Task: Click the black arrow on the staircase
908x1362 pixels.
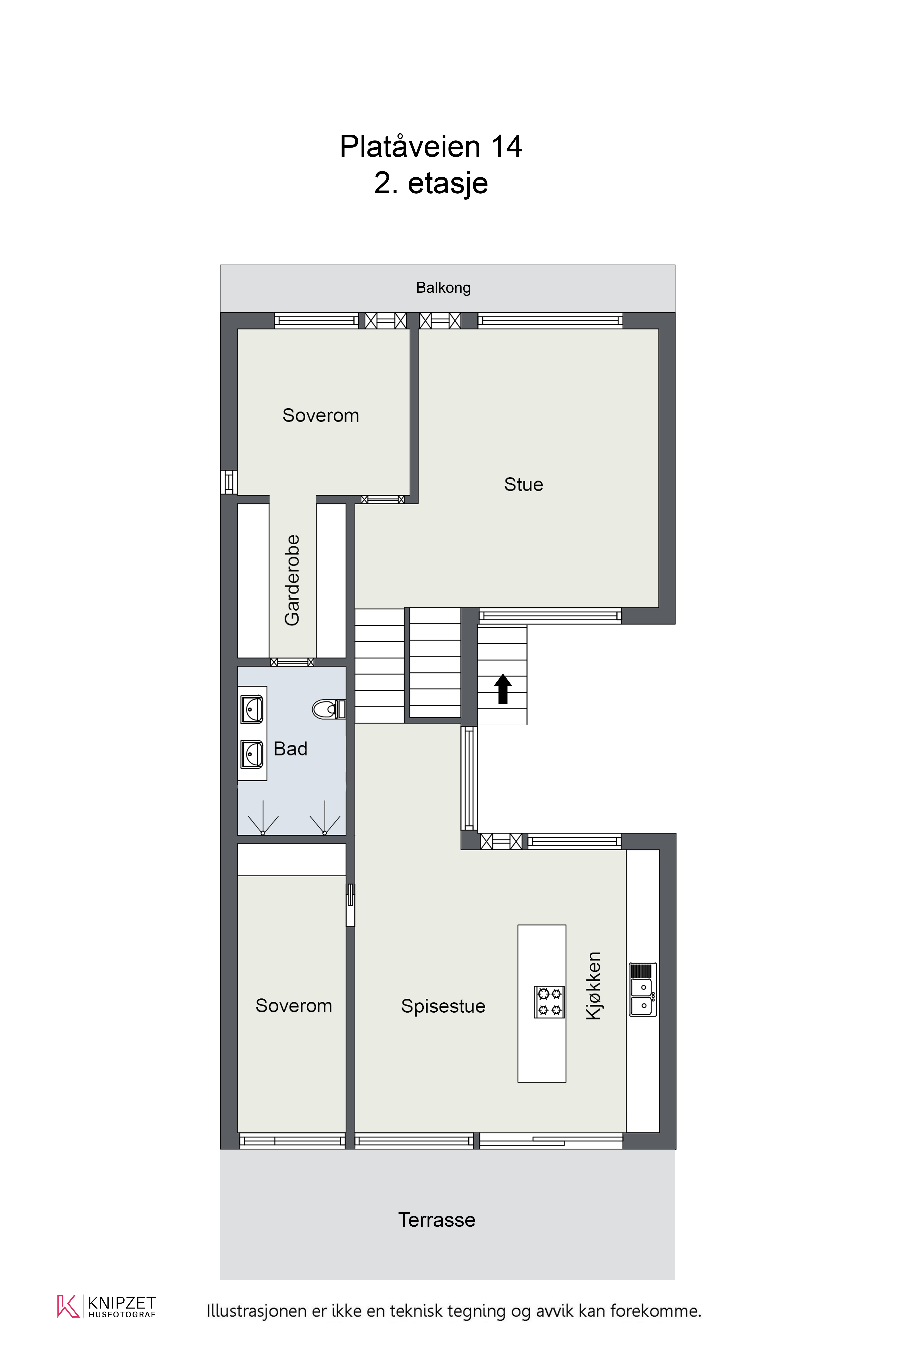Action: click(x=503, y=688)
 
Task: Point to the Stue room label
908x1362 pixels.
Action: click(x=524, y=484)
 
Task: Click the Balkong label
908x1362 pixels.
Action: click(x=444, y=288)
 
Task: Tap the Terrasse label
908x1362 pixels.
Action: click(x=437, y=1220)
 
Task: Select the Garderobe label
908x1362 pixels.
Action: click(x=292, y=580)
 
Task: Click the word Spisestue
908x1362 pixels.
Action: click(x=443, y=1006)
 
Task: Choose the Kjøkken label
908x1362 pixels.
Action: click(x=594, y=986)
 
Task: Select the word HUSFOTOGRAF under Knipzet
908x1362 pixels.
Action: click(x=122, y=1315)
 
